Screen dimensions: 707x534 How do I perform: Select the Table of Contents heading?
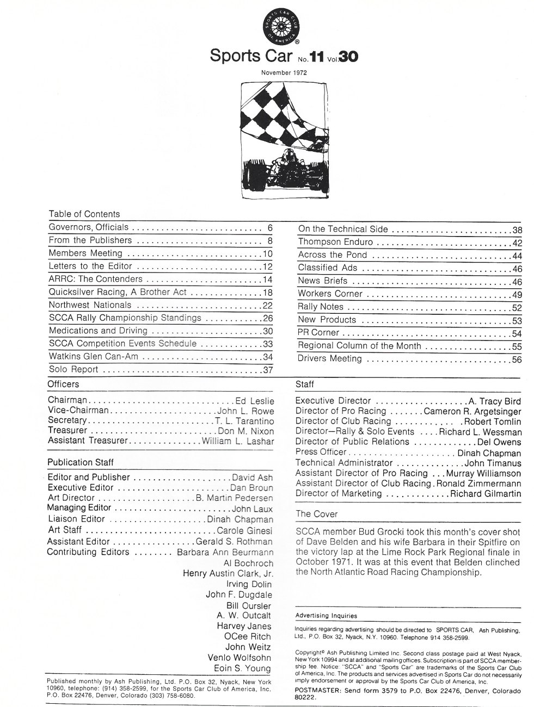[x=84, y=214]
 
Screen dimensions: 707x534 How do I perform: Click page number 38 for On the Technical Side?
[x=517, y=230]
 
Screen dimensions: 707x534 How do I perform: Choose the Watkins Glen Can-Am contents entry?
[x=94, y=357]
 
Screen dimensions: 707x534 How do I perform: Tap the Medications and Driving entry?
[x=98, y=331]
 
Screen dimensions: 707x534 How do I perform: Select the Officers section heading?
[x=63, y=384]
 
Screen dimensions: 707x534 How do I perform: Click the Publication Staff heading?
[x=81, y=462]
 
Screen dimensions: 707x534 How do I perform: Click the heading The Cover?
[x=316, y=514]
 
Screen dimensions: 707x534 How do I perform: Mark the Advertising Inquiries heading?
[x=326, y=616]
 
